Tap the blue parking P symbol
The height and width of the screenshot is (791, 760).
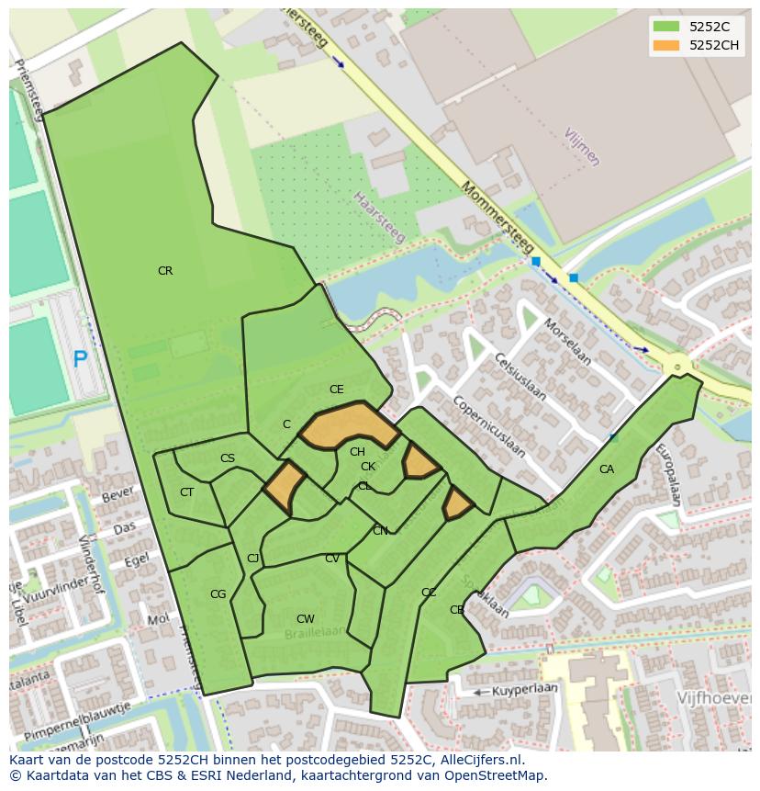80,359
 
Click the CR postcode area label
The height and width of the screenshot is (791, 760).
165,271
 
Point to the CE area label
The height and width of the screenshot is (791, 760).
336,390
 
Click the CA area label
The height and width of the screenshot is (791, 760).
606,469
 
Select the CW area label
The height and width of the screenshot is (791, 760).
306,619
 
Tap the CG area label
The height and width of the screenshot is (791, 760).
218,594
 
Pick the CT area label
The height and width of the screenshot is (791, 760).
186,492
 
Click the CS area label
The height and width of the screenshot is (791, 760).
228,458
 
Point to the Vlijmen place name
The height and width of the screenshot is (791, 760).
582,146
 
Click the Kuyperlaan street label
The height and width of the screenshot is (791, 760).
525,689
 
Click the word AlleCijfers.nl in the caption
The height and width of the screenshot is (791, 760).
477,760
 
